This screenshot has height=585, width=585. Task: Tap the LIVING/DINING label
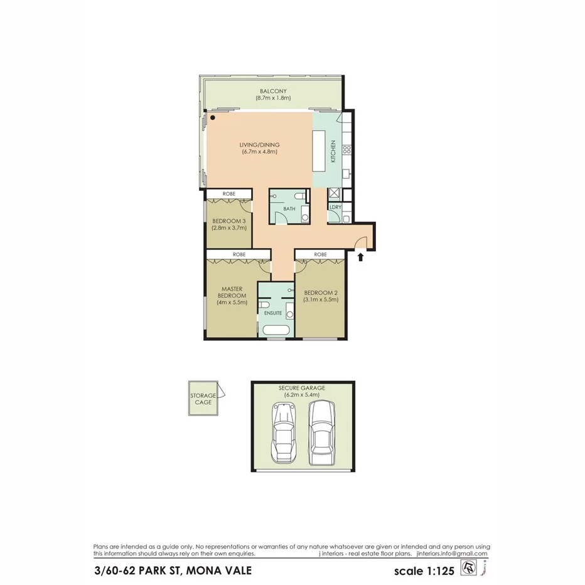pyautogui.click(x=259, y=145)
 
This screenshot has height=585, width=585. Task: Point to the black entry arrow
pyautogui.click(x=361, y=255)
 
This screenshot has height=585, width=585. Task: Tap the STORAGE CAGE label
pyautogui.click(x=203, y=399)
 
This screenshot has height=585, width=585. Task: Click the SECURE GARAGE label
pyautogui.click(x=302, y=388)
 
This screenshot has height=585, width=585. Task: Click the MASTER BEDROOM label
pyautogui.click(x=231, y=295)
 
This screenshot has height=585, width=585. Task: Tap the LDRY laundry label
pyautogui.click(x=336, y=207)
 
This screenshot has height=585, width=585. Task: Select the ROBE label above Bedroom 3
pyautogui.click(x=228, y=194)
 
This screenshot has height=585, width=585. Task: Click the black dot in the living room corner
pyautogui.click(x=213, y=117)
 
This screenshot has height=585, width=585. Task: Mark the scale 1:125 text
pyautogui.click(x=424, y=571)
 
